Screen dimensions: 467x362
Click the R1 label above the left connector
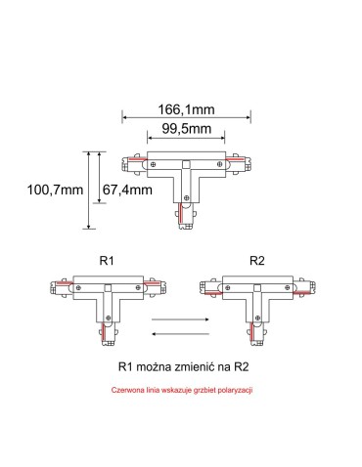(108, 261)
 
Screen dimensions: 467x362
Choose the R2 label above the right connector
(256, 261)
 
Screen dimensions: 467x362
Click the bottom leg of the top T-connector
(185, 212)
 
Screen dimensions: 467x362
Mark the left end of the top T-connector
(129, 165)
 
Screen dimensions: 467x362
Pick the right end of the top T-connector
(240, 165)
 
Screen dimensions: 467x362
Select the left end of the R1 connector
(54, 287)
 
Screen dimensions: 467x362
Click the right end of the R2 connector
(311, 287)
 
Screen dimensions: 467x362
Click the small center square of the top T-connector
(185, 165)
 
